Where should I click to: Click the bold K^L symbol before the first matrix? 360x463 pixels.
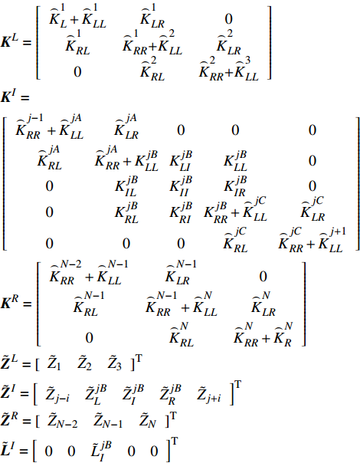pyautogui.click(x=9, y=41)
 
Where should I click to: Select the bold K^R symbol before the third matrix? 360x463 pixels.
pyautogui.click(x=9, y=303)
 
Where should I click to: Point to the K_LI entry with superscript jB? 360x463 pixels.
pyautogui.click(x=181, y=161)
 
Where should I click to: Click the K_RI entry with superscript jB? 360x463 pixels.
pyautogui.click(x=181, y=212)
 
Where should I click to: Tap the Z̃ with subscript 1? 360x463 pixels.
pyautogui.click(x=54, y=363)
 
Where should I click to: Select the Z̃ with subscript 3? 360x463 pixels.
pyautogui.click(x=114, y=363)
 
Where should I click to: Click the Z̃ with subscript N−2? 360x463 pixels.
pyautogui.click(x=62, y=421)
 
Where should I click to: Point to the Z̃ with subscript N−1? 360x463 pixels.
pyautogui.click(x=108, y=421)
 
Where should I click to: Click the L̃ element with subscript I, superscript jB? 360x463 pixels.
pyautogui.click(x=101, y=449)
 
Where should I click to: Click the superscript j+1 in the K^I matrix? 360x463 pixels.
pyautogui.click(x=337, y=231)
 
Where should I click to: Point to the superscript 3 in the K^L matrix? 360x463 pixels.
pyautogui.click(x=247, y=61)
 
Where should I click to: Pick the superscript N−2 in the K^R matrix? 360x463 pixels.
pyautogui.click(x=70, y=264)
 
